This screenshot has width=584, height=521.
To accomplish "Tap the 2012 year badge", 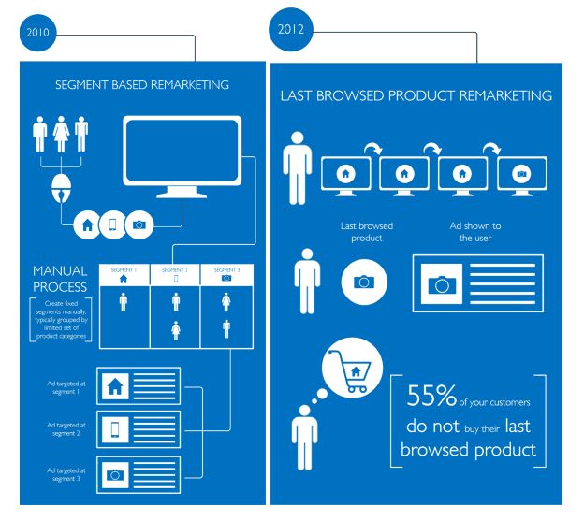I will point(289,29).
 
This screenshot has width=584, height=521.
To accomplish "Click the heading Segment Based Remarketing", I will point(142,85).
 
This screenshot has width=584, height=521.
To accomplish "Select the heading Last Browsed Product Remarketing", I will point(416,95).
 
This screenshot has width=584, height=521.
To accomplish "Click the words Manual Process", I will point(60,278).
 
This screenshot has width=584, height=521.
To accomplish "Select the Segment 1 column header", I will point(124,273).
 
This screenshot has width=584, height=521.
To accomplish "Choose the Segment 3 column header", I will point(226,273).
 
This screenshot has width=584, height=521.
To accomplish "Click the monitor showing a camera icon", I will point(521,174).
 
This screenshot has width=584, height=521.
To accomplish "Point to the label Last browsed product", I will point(366,231).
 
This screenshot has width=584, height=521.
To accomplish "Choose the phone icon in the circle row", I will point(113,224).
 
